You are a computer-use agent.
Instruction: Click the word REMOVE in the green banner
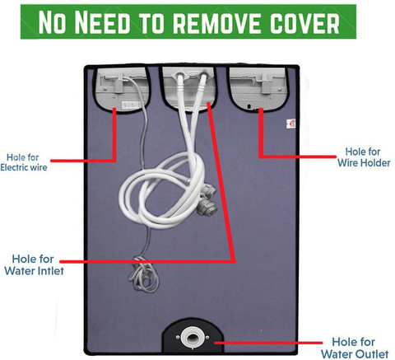pyautogui.click(x=218, y=22)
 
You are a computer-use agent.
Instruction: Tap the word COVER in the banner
pyautogui.click(x=304, y=22)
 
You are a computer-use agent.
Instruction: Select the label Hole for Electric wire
pyautogui.click(x=24, y=162)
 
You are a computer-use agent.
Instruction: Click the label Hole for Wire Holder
pyautogui.click(x=364, y=157)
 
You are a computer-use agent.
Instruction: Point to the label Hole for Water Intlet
pyautogui.click(x=34, y=264)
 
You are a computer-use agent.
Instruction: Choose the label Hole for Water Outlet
pyautogui.click(x=355, y=348)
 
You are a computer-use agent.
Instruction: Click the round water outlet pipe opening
pyautogui.click(x=193, y=337)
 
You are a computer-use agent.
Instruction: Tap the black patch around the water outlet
pyautogui.click(x=193, y=335)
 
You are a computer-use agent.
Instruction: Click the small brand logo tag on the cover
pyautogui.click(x=291, y=124)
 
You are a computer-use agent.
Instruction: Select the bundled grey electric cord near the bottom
pyautogui.click(x=143, y=274)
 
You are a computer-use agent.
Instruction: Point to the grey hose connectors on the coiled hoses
pyautogui.click(x=207, y=199)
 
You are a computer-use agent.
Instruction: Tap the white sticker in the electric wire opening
pyautogui.click(x=131, y=105)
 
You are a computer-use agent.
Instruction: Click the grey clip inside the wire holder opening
pyautogui.click(x=265, y=83)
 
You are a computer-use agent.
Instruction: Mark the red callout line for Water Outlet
pyautogui.click(x=268, y=343)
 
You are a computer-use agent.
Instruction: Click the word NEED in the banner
pyautogui.click(x=102, y=22)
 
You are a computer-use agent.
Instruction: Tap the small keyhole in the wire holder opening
pyautogui.click(x=249, y=105)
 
